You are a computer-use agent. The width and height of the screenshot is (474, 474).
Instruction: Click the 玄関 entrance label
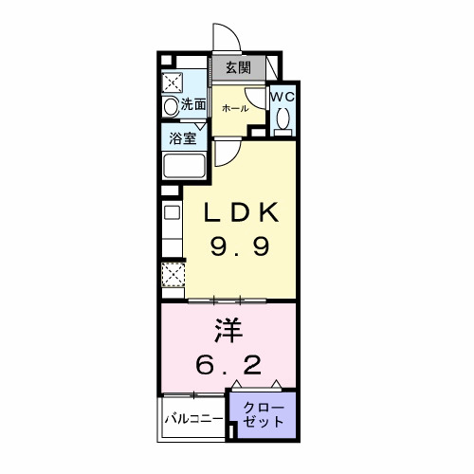pyautogui.click(x=237, y=67)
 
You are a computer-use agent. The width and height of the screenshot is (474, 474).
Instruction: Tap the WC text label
pyautogui.click(x=283, y=96)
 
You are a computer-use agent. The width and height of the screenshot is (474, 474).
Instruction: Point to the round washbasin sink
pyautogui.click(x=171, y=107)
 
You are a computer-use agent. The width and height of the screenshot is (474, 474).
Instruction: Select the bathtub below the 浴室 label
pyautogui.click(x=185, y=167)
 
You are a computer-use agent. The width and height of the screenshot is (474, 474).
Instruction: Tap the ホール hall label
pyautogui.click(x=234, y=108)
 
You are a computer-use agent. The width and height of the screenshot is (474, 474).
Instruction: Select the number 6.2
pyautogui.click(x=228, y=365)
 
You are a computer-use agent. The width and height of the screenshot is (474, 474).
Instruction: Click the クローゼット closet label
pyautogui.click(x=262, y=413)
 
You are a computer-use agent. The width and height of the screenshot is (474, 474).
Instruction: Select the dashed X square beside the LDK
pyautogui.click(x=172, y=276)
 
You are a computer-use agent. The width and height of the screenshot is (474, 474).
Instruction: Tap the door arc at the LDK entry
pyautogui.click(x=226, y=152)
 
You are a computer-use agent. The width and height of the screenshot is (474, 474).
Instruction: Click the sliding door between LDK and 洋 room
pyautogui.click(x=228, y=301)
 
